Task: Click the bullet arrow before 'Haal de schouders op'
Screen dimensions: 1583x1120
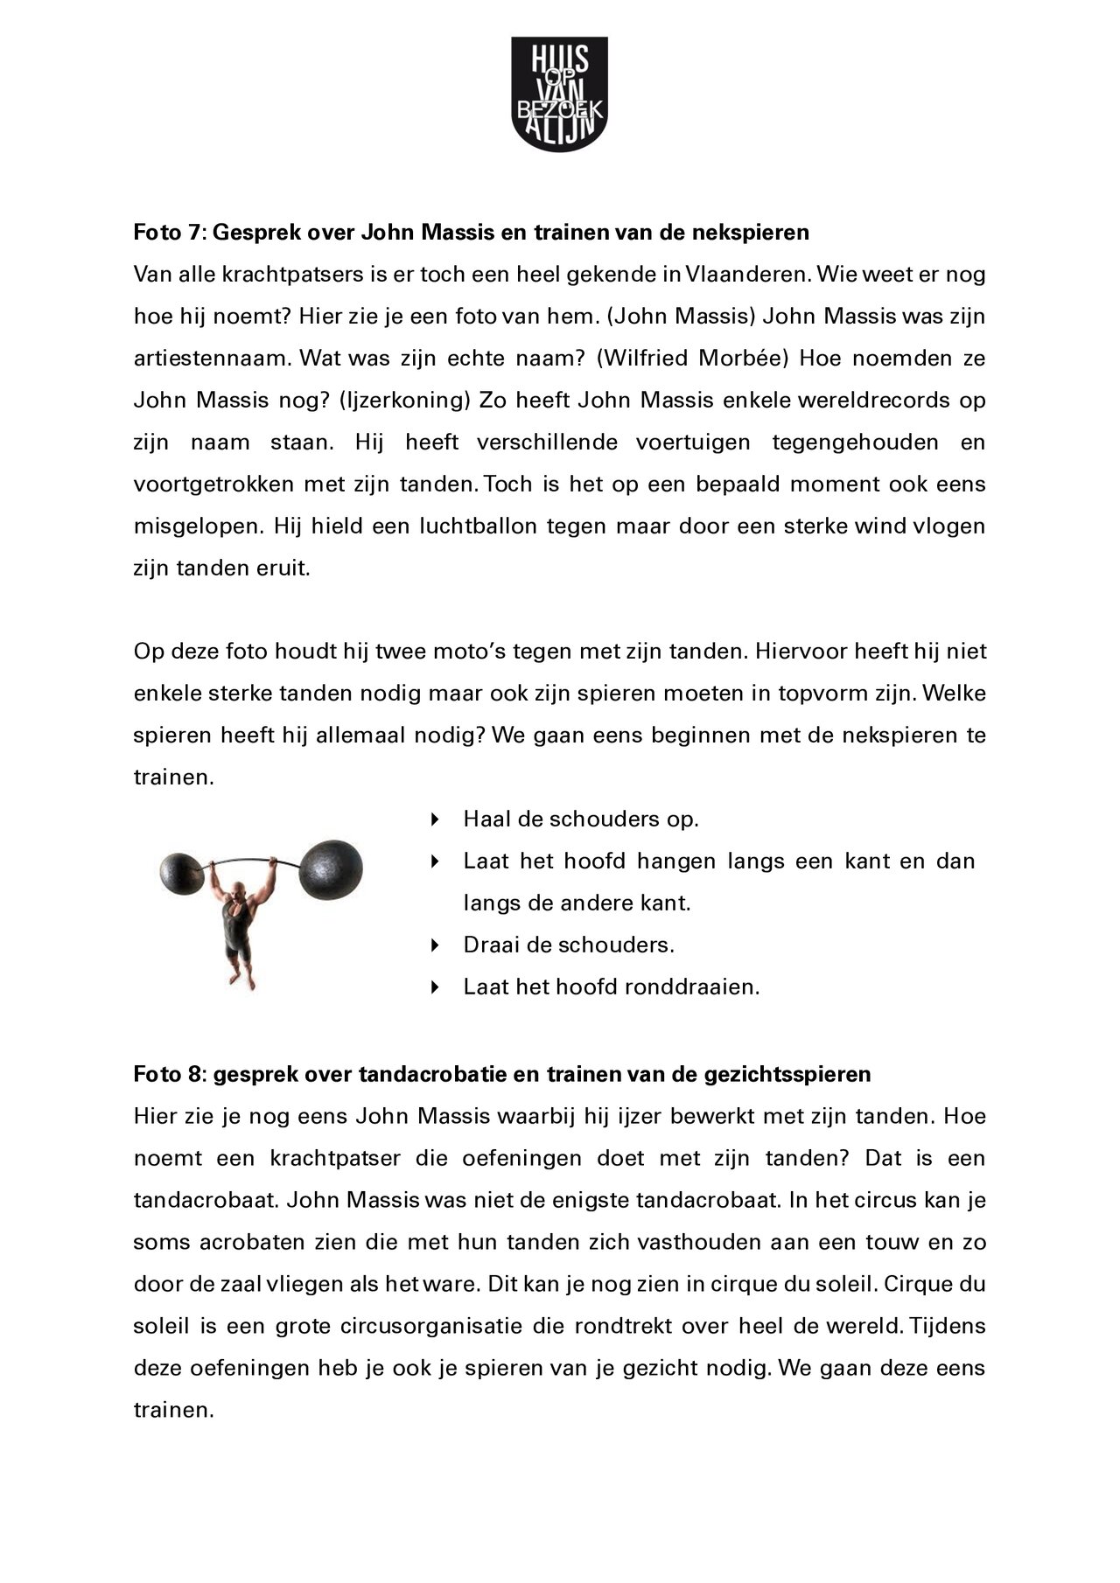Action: [434, 819]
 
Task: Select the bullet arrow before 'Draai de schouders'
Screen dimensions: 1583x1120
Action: [434, 945]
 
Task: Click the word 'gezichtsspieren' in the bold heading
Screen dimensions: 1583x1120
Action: [787, 1074]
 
